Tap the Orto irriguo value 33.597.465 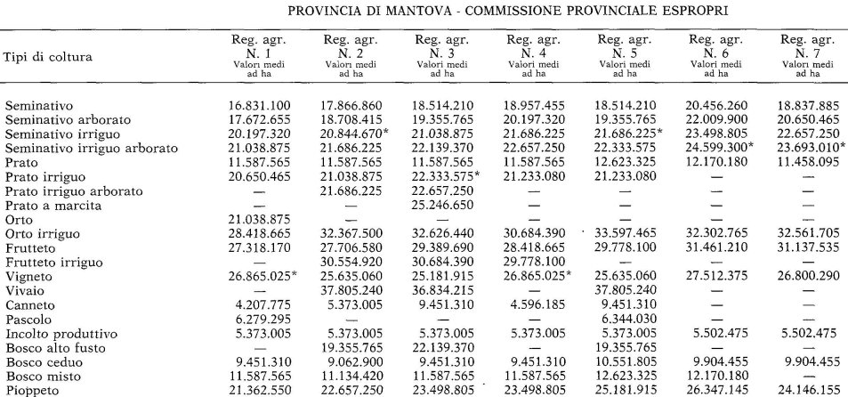click(x=627, y=234)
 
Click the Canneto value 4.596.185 click(x=536, y=304)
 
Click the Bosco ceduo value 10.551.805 click(x=627, y=361)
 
